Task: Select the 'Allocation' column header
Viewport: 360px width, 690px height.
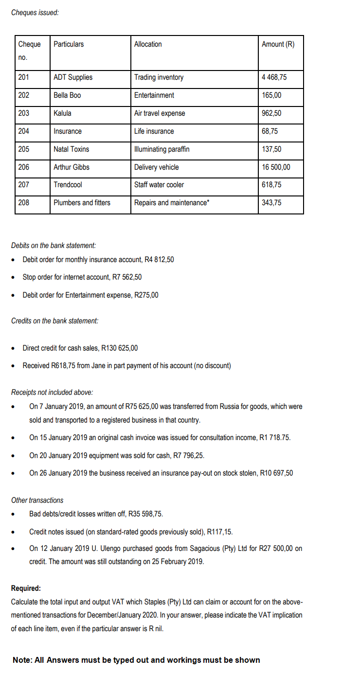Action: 148,44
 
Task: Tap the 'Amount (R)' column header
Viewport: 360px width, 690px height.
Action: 278,44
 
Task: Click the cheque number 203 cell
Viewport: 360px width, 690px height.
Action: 23,113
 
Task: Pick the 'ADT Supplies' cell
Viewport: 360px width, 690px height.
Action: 73,77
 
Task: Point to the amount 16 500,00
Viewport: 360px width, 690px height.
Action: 276,167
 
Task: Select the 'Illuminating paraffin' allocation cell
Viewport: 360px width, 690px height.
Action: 162,149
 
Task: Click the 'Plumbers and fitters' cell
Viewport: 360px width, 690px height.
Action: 82,203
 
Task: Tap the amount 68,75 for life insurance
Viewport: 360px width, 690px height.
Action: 270,131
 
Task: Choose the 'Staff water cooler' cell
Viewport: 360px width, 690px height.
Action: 159,185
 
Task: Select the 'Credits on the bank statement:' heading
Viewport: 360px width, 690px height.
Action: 54,321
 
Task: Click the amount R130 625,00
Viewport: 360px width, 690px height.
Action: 118,348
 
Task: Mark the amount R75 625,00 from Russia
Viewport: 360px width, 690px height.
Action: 152,406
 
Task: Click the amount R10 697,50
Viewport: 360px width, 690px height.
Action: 276,473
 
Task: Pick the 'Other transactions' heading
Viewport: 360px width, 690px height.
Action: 37,500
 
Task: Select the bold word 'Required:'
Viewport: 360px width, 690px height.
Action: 26,588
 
